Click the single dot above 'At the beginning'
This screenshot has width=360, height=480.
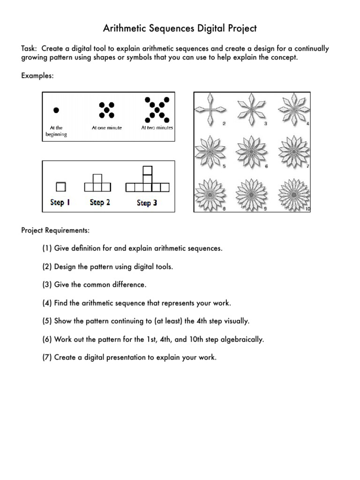point(56,110)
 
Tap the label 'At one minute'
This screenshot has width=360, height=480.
point(106,127)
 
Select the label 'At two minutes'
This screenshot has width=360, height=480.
point(157,127)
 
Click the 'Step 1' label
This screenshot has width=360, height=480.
point(60,202)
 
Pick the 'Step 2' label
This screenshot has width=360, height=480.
point(100,202)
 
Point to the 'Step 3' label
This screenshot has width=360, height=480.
point(147,203)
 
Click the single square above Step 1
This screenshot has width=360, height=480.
point(60,187)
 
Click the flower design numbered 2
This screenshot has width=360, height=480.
point(209,109)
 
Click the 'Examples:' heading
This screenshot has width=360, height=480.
point(37,75)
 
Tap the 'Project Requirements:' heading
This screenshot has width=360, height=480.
point(55,230)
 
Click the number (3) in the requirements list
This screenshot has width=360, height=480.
point(47,285)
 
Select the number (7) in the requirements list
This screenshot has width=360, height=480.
point(47,358)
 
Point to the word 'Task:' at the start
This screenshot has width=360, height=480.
point(30,49)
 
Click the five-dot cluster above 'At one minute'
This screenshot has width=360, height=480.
point(106,110)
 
